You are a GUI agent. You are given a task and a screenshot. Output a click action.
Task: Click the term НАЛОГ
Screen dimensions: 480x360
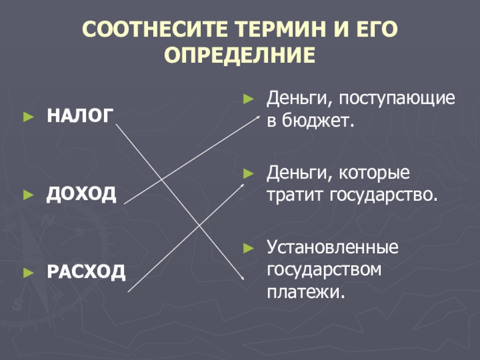point(79,116)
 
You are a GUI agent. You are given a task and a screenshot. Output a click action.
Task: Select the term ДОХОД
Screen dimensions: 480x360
point(82,194)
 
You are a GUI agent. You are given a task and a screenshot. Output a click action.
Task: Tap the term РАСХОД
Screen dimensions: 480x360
point(86,272)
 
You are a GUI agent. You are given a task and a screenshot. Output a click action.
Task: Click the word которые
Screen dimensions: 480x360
point(375,174)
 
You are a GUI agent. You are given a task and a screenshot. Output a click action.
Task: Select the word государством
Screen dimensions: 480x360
point(325,269)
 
